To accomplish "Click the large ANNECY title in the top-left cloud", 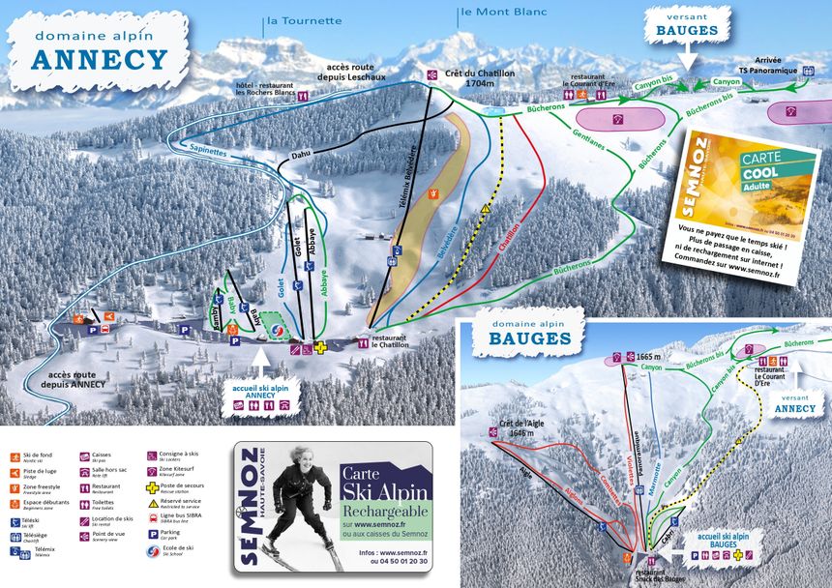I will [99, 59].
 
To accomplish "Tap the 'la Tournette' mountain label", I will [304, 20].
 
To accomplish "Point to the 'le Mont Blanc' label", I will [504, 13].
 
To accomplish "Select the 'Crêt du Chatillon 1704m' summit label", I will [480, 78].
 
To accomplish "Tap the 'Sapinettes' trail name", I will [209, 151].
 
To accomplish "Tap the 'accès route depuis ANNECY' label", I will [76, 378].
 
